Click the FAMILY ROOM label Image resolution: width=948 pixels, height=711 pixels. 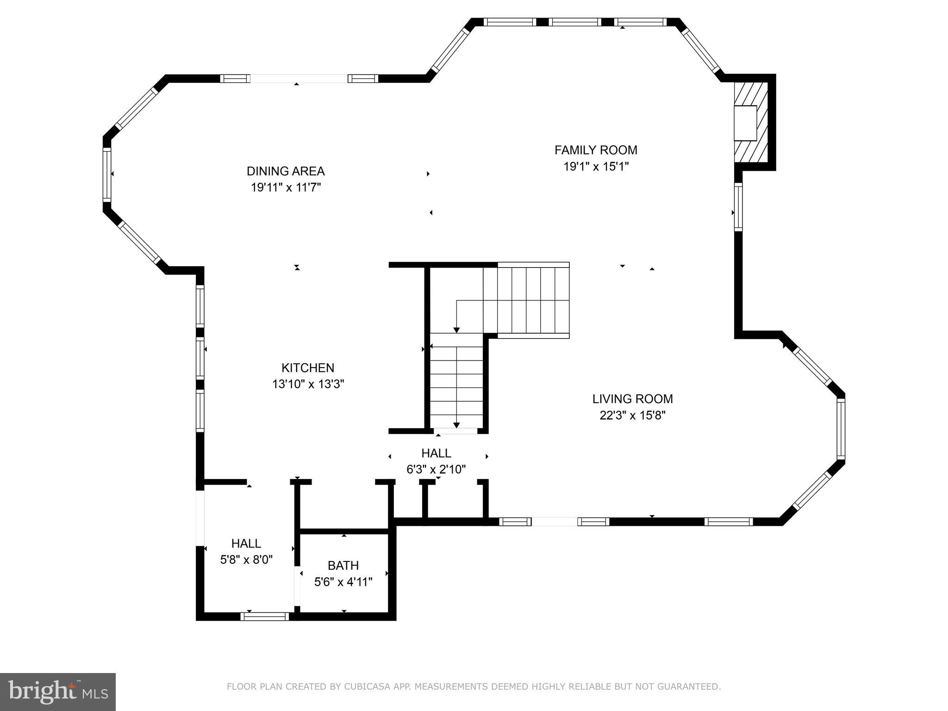pos(596,150)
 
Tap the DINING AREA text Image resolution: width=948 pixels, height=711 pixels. pos(286,171)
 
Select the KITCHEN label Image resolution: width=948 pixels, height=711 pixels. pos(308,368)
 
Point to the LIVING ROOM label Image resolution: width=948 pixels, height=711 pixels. pos(632,399)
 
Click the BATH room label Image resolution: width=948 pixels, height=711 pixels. pos(343,565)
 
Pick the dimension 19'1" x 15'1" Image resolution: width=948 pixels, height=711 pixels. pos(596,166)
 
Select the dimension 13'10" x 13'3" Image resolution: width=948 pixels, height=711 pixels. pos(308,384)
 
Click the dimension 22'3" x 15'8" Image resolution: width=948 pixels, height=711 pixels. pos(632,415)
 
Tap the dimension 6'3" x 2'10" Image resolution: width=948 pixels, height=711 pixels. pos(436,469)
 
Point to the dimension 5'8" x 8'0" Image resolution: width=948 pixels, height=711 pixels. pos(246,560)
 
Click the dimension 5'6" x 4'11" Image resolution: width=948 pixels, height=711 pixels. pos(343,582)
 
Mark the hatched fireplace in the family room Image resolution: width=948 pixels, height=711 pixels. pos(751,123)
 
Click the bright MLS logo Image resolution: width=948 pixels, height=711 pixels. pos(57,692)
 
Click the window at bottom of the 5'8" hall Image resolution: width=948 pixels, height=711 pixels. pos(264,616)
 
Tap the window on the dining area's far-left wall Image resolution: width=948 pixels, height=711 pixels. pos(107,174)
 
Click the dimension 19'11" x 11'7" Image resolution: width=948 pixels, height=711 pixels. pos(286,187)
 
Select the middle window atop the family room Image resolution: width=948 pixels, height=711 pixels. pos(574,22)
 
